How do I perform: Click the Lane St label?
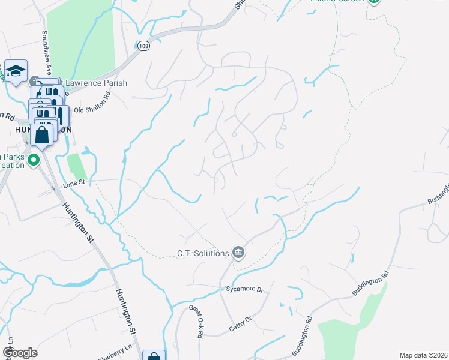pos(75,186)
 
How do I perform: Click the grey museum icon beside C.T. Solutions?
pos(238,253)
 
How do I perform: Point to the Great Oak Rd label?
pos(197,322)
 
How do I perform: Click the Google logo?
pos(20,353)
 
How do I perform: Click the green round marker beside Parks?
pos(34,160)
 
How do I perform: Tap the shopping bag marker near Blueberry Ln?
pos(154,356)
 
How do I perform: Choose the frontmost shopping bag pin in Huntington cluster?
pos(42,134)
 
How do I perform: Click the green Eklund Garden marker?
pos(374,2)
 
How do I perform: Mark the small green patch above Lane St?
pos(74,165)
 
